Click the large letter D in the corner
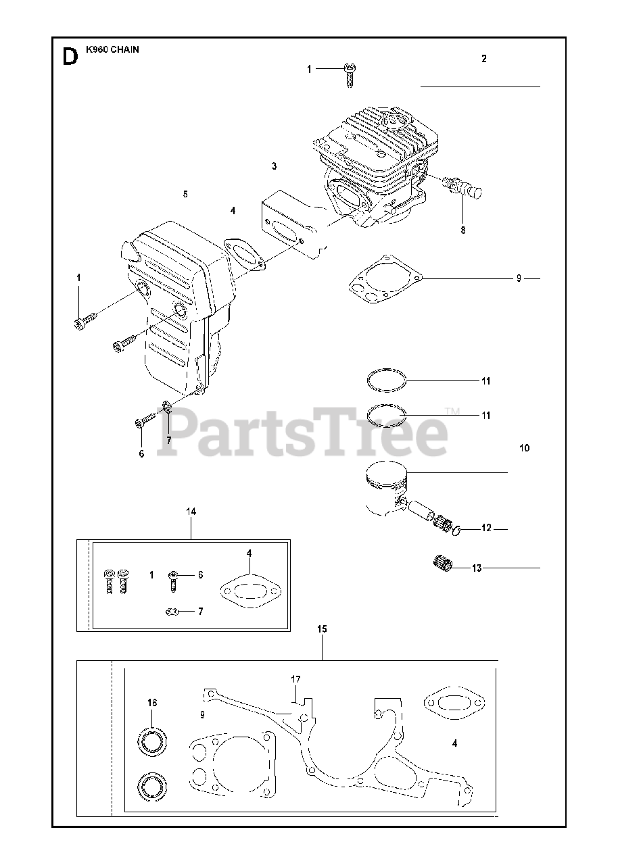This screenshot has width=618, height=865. coord(69,57)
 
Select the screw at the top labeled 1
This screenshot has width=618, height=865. coord(350,74)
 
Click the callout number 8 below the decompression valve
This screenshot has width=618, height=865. coord(463,230)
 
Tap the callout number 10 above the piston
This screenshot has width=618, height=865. coord(525,448)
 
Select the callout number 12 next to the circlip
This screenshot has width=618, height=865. coord(486,528)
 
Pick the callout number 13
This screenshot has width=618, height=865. coord(477,568)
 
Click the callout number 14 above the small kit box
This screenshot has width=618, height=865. coord(191,512)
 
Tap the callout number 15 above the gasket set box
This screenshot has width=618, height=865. coord(322,629)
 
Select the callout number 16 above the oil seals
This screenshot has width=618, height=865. coord(151,703)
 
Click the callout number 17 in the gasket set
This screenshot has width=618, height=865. coord(295,679)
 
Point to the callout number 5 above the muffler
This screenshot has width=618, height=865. coord(185,194)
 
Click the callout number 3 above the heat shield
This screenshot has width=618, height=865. coord(274,166)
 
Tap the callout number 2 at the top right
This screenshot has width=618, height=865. coord(484,59)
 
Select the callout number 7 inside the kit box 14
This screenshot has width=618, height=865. coord(200,612)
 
